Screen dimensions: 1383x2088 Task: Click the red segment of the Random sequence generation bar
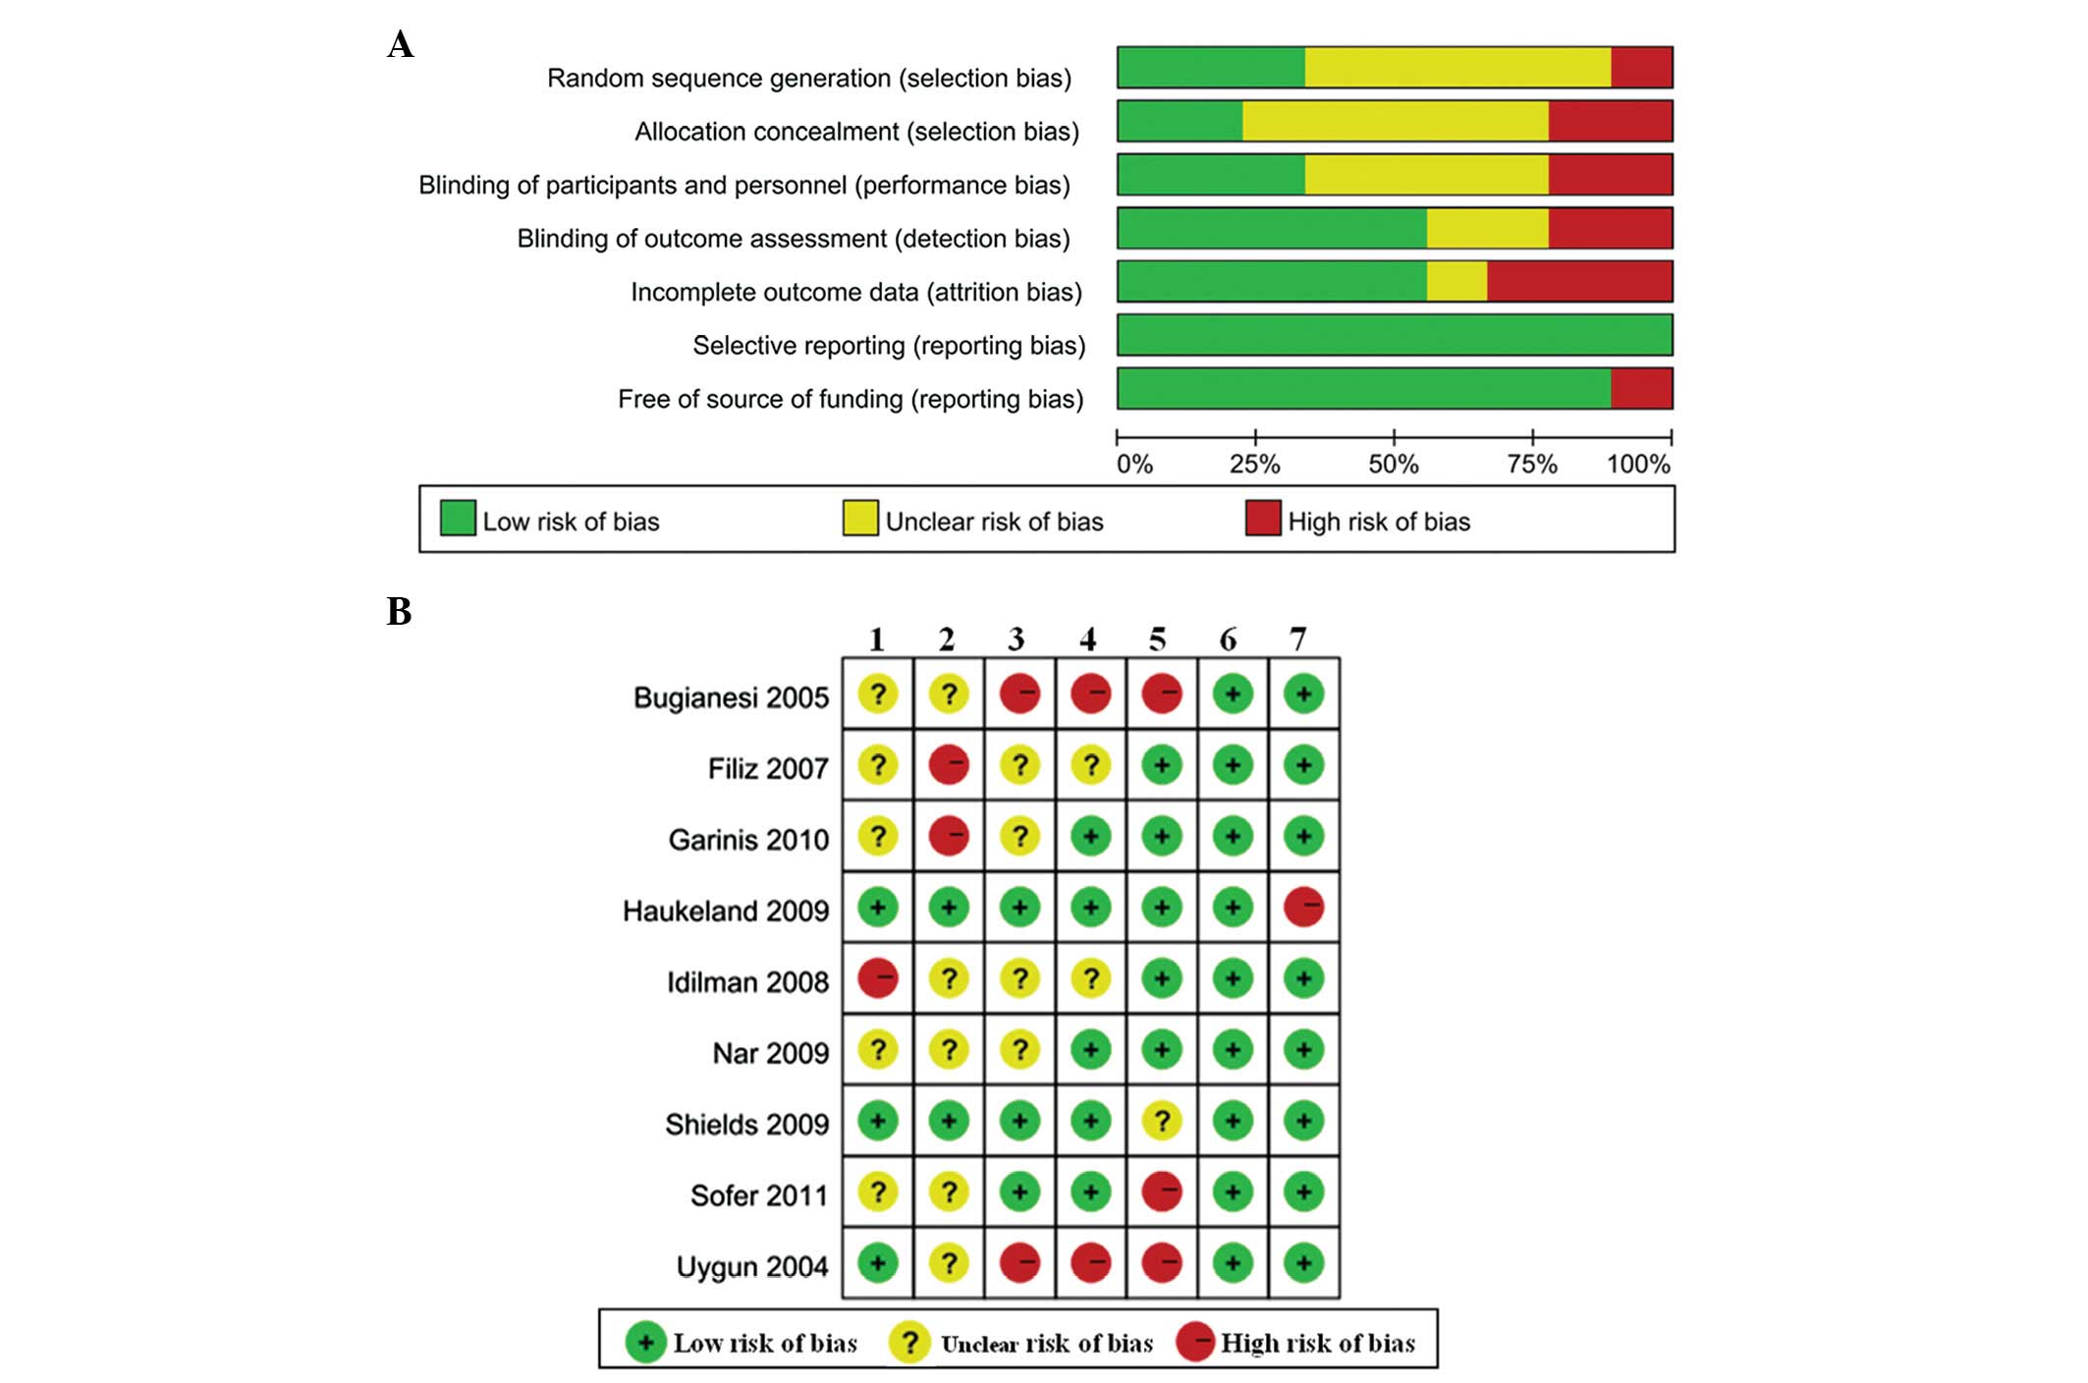pyautogui.click(x=1641, y=67)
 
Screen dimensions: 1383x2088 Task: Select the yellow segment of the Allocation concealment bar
pyautogui.click(x=1395, y=121)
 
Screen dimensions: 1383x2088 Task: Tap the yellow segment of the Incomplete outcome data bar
pyautogui.click(x=1456, y=282)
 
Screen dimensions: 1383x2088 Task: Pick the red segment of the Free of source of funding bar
pyautogui.click(x=1641, y=389)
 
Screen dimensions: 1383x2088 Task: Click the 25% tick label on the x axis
pyautogui.click(x=1254, y=465)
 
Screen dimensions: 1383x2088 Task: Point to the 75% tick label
pyautogui.click(x=1532, y=465)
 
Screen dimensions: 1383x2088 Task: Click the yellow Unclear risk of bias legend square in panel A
pyautogui.click(x=859, y=519)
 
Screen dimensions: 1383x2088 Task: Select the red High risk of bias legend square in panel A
pyautogui.click(x=1262, y=519)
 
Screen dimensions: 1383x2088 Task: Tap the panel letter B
pyautogui.click(x=399, y=611)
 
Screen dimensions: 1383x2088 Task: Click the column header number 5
pyautogui.click(x=1158, y=640)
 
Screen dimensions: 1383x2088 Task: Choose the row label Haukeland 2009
pyautogui.click(x=726, y=912)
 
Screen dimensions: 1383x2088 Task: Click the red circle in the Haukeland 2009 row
pyautogui.click(x=1303, y=908)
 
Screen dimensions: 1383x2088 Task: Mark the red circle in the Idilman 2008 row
pyautogui.click(x=877, y=979)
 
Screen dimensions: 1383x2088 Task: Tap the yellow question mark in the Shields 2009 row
pyautogui.click(x=1161, y=1121)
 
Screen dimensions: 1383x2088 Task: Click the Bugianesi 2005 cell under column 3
pyautogui.click(x=1019, y=694)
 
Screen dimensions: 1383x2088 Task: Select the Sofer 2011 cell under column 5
pyautogui.click(x=1161, y=1192)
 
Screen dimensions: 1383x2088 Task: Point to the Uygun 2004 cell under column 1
pyautogui.click(x=877, y=1263)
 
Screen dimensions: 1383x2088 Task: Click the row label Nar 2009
pyautogui.click(x=770, y=1054)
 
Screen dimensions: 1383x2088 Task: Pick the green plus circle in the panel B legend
pyautogui.click(x=645, y=1343)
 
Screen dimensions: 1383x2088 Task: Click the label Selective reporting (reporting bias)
pyautogui.click(x=888, y=346)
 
